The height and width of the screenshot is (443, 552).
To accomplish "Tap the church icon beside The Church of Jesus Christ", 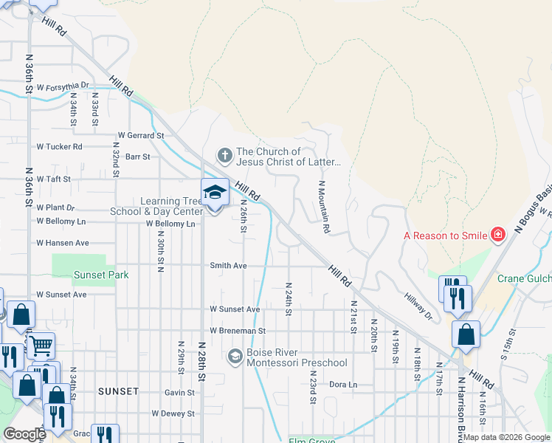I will click(x=224, y=156).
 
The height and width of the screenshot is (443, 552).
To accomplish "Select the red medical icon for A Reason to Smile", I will click(x=499, y=235).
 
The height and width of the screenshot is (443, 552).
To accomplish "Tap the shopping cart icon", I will click(x=41, y=344).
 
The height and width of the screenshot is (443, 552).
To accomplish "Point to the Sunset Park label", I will click(x=101, y=275).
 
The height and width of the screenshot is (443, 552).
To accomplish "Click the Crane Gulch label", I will click(x=523, y=278).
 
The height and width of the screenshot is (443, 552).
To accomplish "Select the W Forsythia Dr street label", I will click(x=62, y=86).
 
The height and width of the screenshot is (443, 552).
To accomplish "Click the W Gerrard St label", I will click(x=141, y=136).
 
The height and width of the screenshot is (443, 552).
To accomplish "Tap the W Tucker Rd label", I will click(x=59, y=146).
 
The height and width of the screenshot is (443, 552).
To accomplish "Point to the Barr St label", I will click(x=137, y=157).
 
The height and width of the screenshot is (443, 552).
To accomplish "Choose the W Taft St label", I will click(x=53, y=179).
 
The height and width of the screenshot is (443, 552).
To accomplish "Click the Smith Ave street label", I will click(x=228, y=265).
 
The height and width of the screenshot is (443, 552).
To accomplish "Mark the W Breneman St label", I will click(x=237, y=331).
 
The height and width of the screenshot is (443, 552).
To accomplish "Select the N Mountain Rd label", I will click(x=322, y=206).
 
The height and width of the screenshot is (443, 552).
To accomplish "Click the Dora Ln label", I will click(x=342, y=385).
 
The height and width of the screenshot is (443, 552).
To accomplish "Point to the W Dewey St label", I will click(x=173, y=414).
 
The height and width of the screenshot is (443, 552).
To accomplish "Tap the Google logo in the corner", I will click(x=24, y=434).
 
